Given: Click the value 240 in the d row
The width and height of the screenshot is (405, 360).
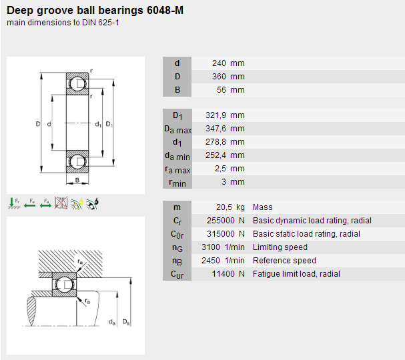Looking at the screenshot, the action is click(219, 63).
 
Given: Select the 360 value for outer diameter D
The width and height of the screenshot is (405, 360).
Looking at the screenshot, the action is click(219, 77).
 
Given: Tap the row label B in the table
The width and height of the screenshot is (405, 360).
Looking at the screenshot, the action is click(177, 90).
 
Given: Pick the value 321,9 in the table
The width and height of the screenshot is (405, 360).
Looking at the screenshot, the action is click(216, 115).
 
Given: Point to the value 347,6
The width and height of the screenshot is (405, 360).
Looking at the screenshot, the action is click(216, 129).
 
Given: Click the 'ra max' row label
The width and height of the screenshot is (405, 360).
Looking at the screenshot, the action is click(177, 169).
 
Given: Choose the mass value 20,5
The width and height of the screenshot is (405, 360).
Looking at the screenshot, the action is click(224, 207).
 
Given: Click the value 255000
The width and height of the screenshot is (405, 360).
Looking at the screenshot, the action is click(221, 221).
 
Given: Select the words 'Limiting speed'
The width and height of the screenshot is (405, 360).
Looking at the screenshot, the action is click(280, 247).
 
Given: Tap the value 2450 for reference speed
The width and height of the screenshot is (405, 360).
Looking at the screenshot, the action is click(211, 261).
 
